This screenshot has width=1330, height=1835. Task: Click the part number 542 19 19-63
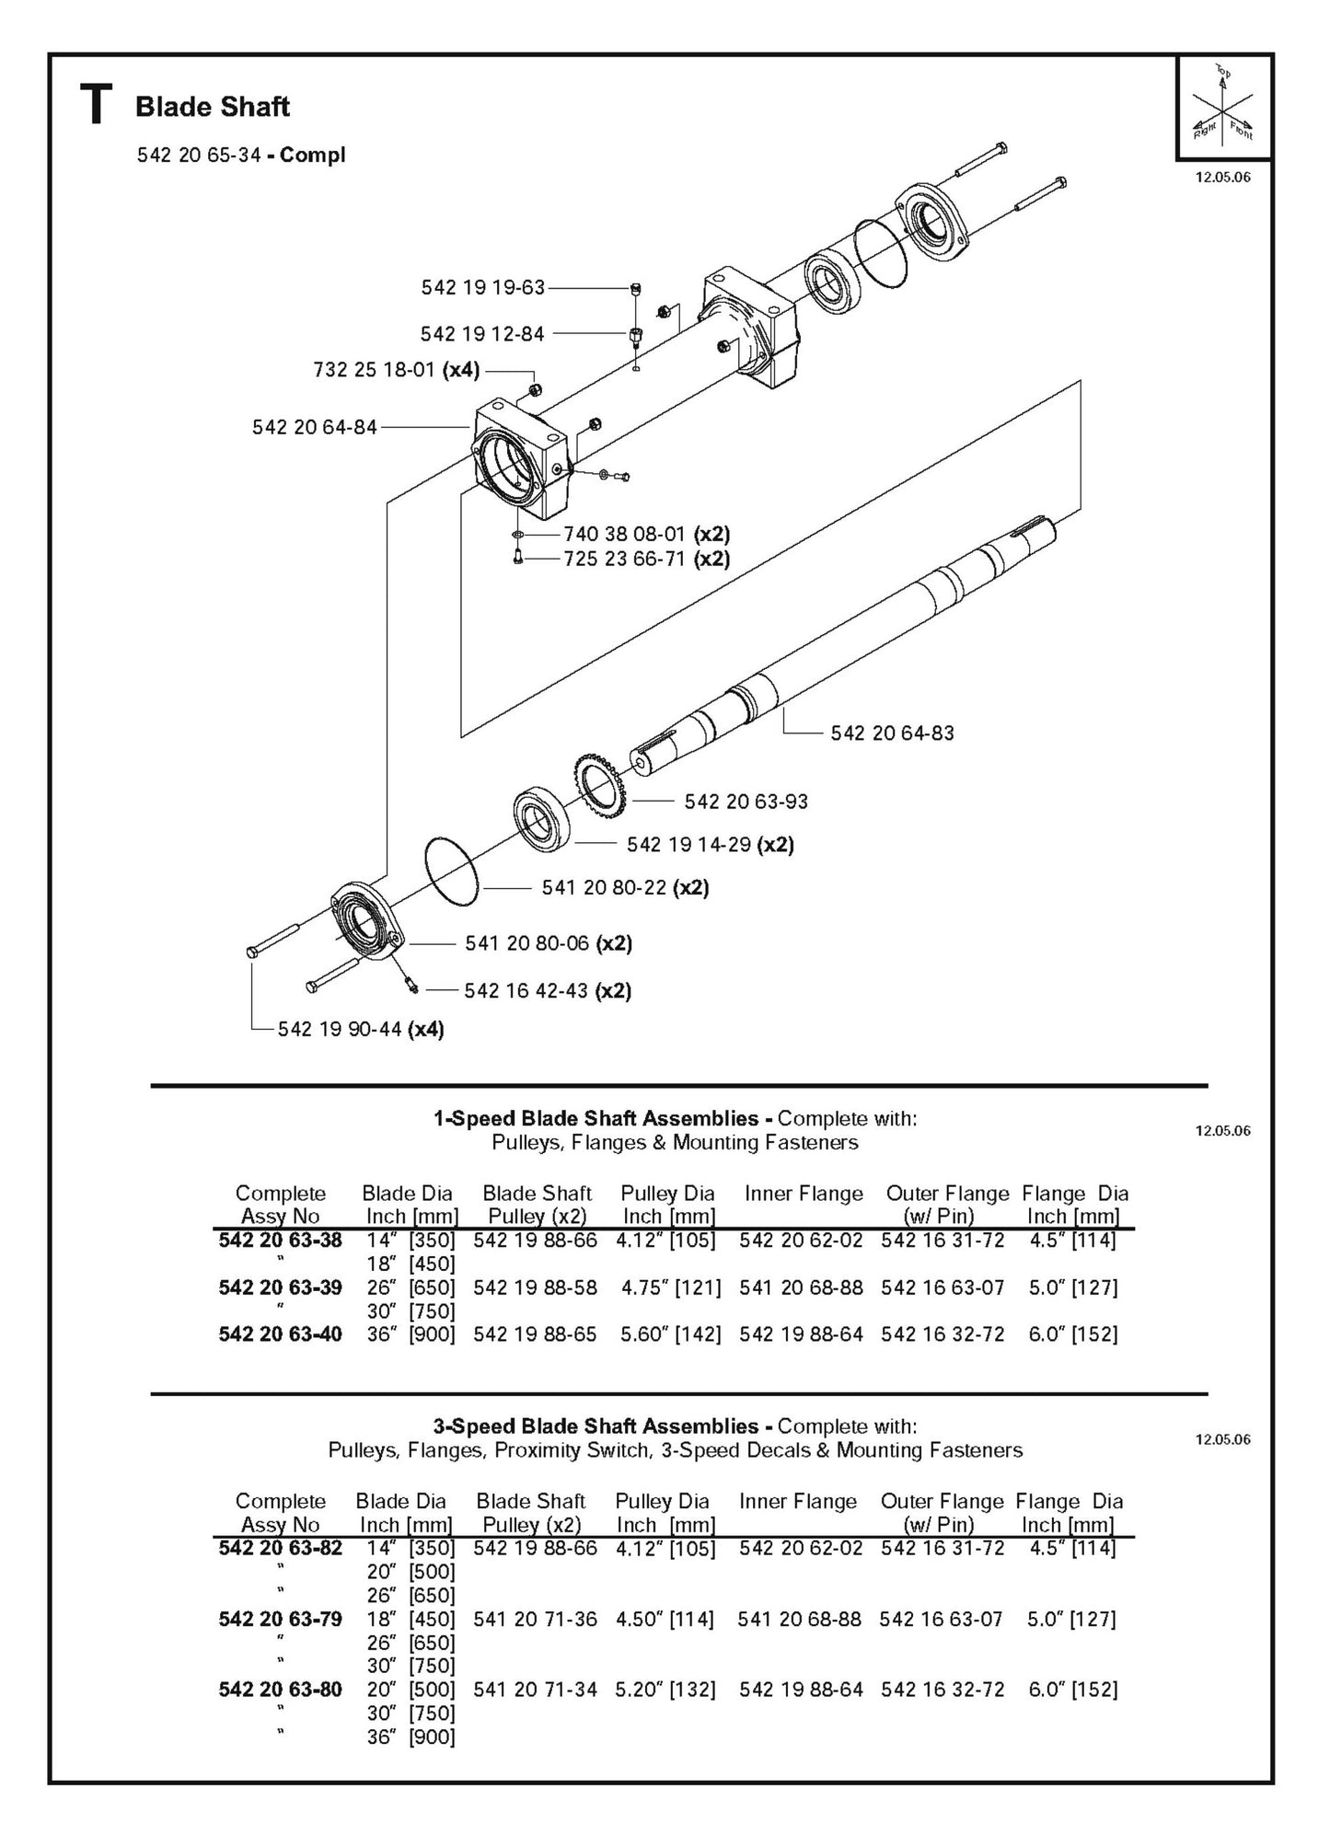point(482,288)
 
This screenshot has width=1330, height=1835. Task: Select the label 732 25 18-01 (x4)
point(396,371)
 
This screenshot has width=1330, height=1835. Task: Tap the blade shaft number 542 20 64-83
point(892,733)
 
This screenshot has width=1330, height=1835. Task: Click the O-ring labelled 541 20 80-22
point(452,871)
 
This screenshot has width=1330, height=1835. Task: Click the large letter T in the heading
point(97,105)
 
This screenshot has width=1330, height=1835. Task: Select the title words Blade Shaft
point(213,107)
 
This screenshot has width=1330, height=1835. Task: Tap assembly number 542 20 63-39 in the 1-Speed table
point(280,1287)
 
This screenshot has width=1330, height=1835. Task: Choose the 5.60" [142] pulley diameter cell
point(670,1334)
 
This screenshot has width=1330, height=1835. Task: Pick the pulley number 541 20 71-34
point(535,1690)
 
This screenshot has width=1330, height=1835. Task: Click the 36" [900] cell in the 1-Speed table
point(411,1334)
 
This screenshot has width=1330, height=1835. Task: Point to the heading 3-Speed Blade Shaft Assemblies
point(596,1426)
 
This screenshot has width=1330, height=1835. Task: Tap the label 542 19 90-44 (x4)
point(361,1029)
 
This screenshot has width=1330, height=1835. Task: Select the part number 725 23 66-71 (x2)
point(646,559)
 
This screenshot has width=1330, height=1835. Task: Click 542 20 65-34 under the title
point(199,156)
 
